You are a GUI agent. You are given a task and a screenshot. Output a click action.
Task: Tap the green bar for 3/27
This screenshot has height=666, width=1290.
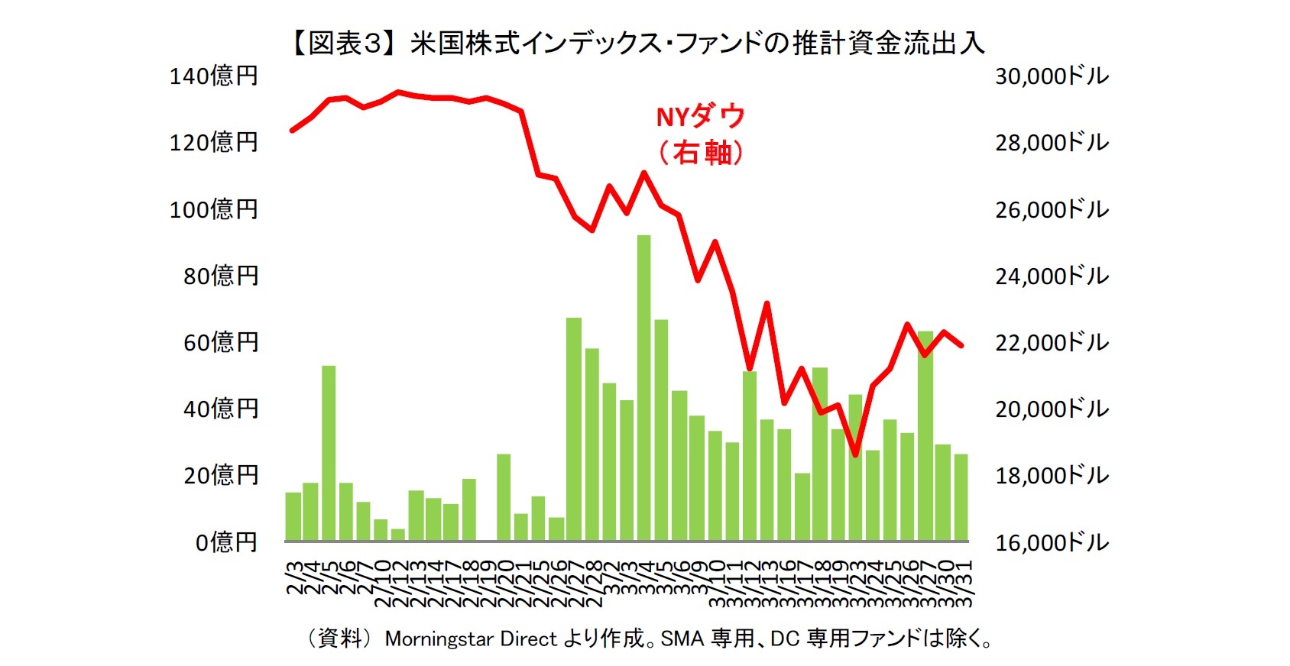click(x=925, y=436)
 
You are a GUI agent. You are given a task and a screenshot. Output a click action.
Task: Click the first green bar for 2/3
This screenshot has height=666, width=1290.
click(x=293, y=517)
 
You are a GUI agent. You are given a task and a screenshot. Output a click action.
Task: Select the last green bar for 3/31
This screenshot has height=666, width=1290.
click(x=961, y=497)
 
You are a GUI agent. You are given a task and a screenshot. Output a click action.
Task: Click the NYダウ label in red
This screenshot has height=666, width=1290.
click(x=700, y=117)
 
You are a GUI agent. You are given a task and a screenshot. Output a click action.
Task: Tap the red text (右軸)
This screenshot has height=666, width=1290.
click(x=700, y=153)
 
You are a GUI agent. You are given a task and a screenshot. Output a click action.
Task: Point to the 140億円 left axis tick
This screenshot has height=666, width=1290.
click(x=213, y=76)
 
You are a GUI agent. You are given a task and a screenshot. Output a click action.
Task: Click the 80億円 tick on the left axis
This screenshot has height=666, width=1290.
click(x=221, y=276)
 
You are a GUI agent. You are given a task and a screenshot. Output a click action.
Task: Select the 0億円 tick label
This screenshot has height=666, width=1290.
click(x=226, y=542)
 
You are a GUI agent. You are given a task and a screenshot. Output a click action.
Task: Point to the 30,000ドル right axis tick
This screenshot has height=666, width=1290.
click(x=1052, y=76)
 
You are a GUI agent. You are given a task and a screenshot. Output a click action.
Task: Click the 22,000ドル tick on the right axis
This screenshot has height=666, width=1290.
click(x=1052, y=342)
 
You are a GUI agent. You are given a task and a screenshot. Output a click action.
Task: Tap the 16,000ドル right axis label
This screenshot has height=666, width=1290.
click(x=1052, y=542)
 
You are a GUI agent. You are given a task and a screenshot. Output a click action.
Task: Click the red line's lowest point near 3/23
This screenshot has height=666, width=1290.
click(x=855, y=454)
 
